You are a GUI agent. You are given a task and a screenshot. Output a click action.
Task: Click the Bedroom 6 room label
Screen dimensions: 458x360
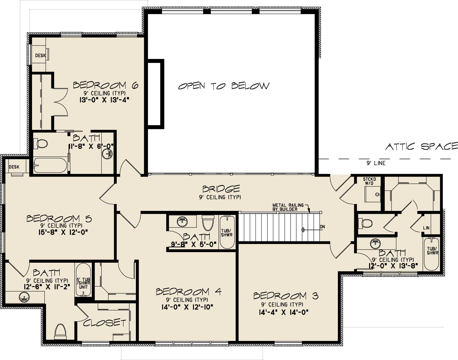point(106,85)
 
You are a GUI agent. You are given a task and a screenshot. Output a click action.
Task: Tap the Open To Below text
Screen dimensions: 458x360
point(224,86)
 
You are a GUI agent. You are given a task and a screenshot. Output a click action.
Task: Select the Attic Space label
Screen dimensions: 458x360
point(422,147)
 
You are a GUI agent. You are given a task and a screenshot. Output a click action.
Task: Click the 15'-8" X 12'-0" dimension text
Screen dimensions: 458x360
point(63,232)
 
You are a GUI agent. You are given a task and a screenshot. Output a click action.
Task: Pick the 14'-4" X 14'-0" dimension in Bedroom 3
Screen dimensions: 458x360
point(284,312)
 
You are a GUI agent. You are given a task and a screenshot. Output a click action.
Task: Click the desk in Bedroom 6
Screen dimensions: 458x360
point(40,55)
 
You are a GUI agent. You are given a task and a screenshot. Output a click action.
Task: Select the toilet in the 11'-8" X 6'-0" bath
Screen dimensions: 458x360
point(41,144)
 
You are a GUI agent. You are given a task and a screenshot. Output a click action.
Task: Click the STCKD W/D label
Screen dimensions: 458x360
point(369,181)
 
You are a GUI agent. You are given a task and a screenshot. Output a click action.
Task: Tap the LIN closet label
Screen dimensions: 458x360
point(426,228)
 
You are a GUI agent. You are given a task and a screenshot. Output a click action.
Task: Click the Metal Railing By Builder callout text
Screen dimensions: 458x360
point(288,207)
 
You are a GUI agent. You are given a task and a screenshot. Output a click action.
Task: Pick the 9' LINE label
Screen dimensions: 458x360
point(376,163)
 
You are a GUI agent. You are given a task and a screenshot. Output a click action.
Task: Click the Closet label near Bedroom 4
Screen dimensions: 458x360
point(104,323)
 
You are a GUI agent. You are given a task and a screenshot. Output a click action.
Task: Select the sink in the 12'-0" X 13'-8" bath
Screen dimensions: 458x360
point(375,244)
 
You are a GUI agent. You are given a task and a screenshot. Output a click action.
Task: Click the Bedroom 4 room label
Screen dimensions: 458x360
point(189,292)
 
